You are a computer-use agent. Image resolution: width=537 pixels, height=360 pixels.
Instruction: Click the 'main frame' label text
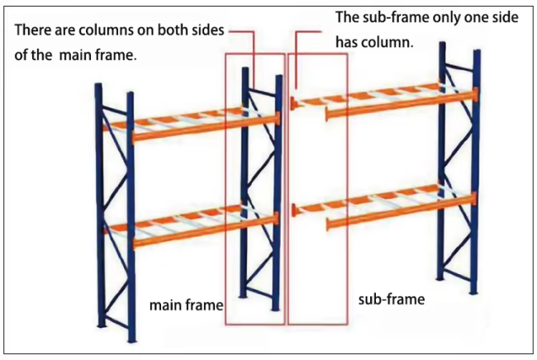point(186,306)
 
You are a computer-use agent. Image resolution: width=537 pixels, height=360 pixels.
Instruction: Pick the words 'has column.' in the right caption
point(374,41)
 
